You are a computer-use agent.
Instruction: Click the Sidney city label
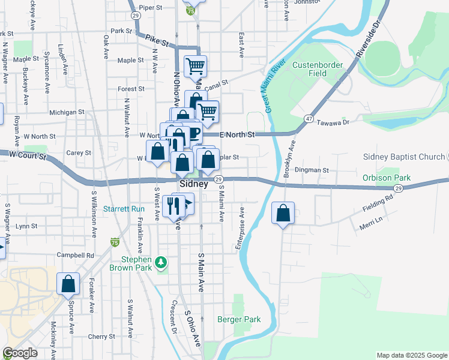click(x=193, y=184)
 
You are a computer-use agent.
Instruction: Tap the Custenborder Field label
click(x=318, y=69)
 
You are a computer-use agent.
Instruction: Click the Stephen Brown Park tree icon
click(x=160, y=262)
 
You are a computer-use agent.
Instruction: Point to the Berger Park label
click(x=239, y=319)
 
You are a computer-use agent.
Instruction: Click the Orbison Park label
click(x=387, y=178)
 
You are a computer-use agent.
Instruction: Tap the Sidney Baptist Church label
click(x=403, y=157)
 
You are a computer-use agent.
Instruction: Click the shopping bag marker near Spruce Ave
click(x=68, y=284)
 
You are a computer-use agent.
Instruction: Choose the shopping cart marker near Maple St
click(x=195, y=66)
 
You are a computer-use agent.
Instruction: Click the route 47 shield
click(x=308, y=119)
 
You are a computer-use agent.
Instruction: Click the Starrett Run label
click(x=124, y=209)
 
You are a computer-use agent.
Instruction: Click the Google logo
click(x=20, y=353)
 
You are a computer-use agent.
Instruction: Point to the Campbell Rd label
click(x=76, y=255)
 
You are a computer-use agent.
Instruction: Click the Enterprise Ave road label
click(x=241, y=228)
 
